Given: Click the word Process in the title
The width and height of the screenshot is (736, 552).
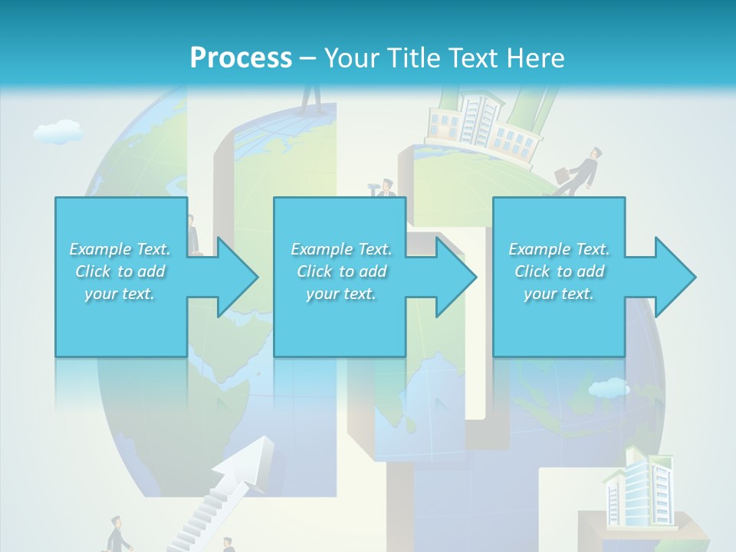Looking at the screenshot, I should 241,58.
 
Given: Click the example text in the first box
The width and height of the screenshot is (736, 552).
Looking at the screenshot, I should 120,271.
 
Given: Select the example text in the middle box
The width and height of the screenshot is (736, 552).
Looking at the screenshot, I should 341,271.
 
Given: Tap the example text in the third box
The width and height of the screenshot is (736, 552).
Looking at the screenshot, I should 559,271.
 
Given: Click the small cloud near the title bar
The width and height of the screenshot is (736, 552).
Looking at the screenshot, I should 58,132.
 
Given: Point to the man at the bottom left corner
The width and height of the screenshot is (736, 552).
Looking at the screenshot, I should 116,534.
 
